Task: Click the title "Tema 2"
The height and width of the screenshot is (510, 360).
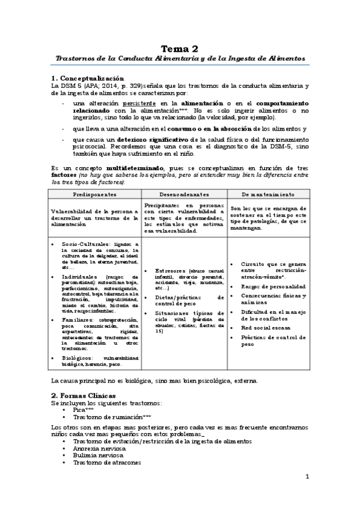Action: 180,48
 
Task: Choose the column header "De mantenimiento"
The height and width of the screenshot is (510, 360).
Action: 267,194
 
